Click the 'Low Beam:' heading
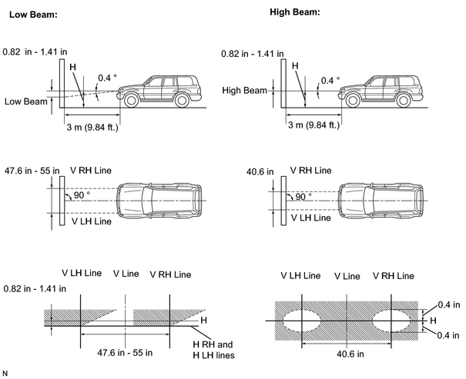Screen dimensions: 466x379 point(33,15)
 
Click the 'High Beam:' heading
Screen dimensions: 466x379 point(295,12)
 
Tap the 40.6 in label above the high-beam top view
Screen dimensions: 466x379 point(260,171)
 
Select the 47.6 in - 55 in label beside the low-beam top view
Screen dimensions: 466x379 point(32,171)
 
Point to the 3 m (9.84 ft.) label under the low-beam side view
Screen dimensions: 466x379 point(92,127)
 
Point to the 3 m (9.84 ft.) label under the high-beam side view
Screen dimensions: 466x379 point(313,125)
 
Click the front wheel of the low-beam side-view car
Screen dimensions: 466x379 point(131,100)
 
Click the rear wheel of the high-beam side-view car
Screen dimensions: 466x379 point(404,100)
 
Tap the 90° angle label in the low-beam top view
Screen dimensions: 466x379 point(82,195)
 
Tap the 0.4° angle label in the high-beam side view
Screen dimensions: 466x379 point(330,81)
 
